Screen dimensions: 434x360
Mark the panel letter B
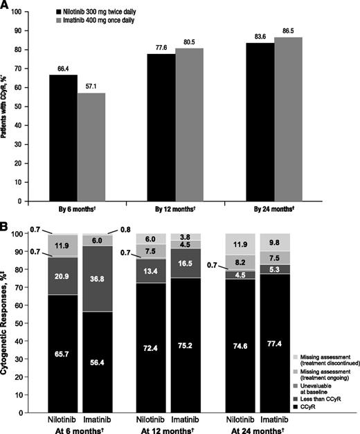coord(6,226)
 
